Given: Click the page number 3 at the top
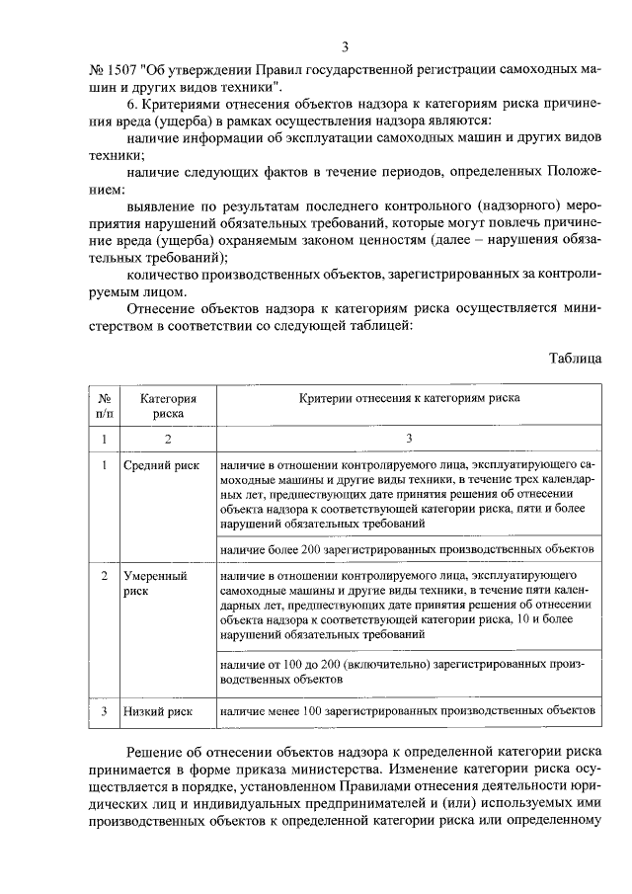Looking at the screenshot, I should [x=346, y=46].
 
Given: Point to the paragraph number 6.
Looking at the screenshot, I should [x=133, y=104].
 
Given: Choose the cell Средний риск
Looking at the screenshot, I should [x=161, y=463].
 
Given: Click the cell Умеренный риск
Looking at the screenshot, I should [x=155, y=582].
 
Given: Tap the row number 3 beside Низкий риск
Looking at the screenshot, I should [x=105, y=710].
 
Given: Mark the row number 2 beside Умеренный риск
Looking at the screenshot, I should [x=105, y=574].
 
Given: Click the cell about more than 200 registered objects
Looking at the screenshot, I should [x=406, y=547].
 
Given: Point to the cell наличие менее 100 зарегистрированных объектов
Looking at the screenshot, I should [x=406, y=710].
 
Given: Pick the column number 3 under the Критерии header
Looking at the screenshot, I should [x=408, y=438].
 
